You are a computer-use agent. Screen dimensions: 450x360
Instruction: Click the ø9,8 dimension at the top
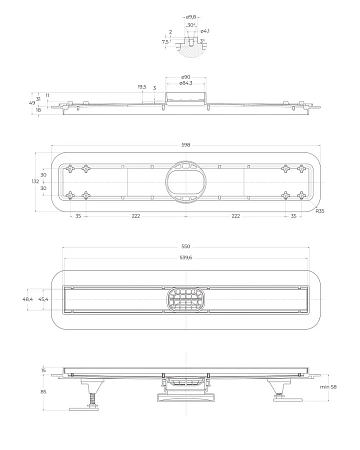[190, 17]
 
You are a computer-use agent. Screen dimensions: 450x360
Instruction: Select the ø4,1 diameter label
[205, 32]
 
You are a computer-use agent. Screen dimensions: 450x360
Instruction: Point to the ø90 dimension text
[186, 77]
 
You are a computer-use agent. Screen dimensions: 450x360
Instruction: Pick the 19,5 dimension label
[141, 87]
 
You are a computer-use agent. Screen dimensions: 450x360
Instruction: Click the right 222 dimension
[237, 215]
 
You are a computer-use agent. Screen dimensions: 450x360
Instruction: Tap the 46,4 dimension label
[28, 298]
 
